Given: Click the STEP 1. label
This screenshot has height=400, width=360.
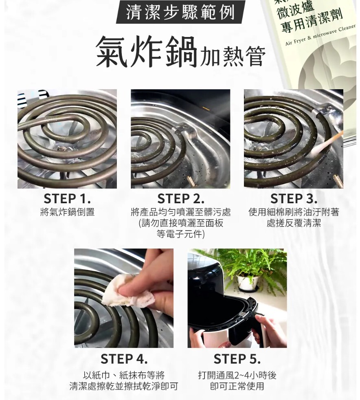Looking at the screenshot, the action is [67, 199].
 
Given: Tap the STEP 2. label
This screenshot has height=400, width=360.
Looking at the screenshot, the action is [180, 199].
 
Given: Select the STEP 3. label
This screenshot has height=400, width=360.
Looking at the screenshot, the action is [294, 199].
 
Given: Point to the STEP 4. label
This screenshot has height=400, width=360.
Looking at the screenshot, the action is [124, 359].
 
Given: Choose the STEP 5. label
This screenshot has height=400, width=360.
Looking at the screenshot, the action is [237, 359].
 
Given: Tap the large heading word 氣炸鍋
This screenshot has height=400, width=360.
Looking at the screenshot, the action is [146, 52].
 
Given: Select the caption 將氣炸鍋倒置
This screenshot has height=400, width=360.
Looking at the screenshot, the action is [67, 212].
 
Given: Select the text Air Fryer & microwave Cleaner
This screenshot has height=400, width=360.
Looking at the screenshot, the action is [320, 35].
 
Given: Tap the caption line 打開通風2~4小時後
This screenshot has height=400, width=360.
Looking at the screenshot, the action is [237, 375].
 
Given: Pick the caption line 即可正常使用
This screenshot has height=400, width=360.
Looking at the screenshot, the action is [237, 386].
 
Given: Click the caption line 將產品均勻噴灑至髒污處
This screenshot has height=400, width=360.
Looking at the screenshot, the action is [180, 212].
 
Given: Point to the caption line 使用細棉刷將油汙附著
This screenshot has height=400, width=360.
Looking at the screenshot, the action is [294, 212].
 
